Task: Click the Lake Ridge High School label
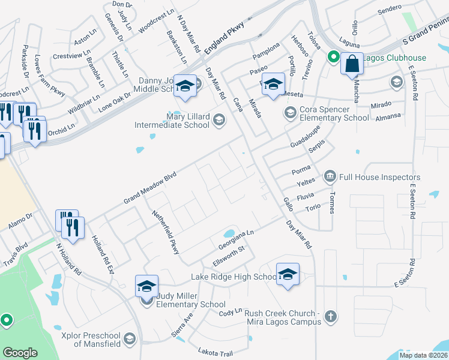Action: click(x=234, y=277)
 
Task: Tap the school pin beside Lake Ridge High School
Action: click(x=288, y=274)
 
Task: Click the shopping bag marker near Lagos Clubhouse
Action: click(x=352, y=62)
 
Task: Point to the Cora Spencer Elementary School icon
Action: click(x=291, y=112)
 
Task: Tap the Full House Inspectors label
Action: click(x=380, y=177)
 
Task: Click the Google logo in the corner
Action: click(x=20, y=353)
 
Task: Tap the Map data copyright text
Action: click(x=423, y=355)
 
